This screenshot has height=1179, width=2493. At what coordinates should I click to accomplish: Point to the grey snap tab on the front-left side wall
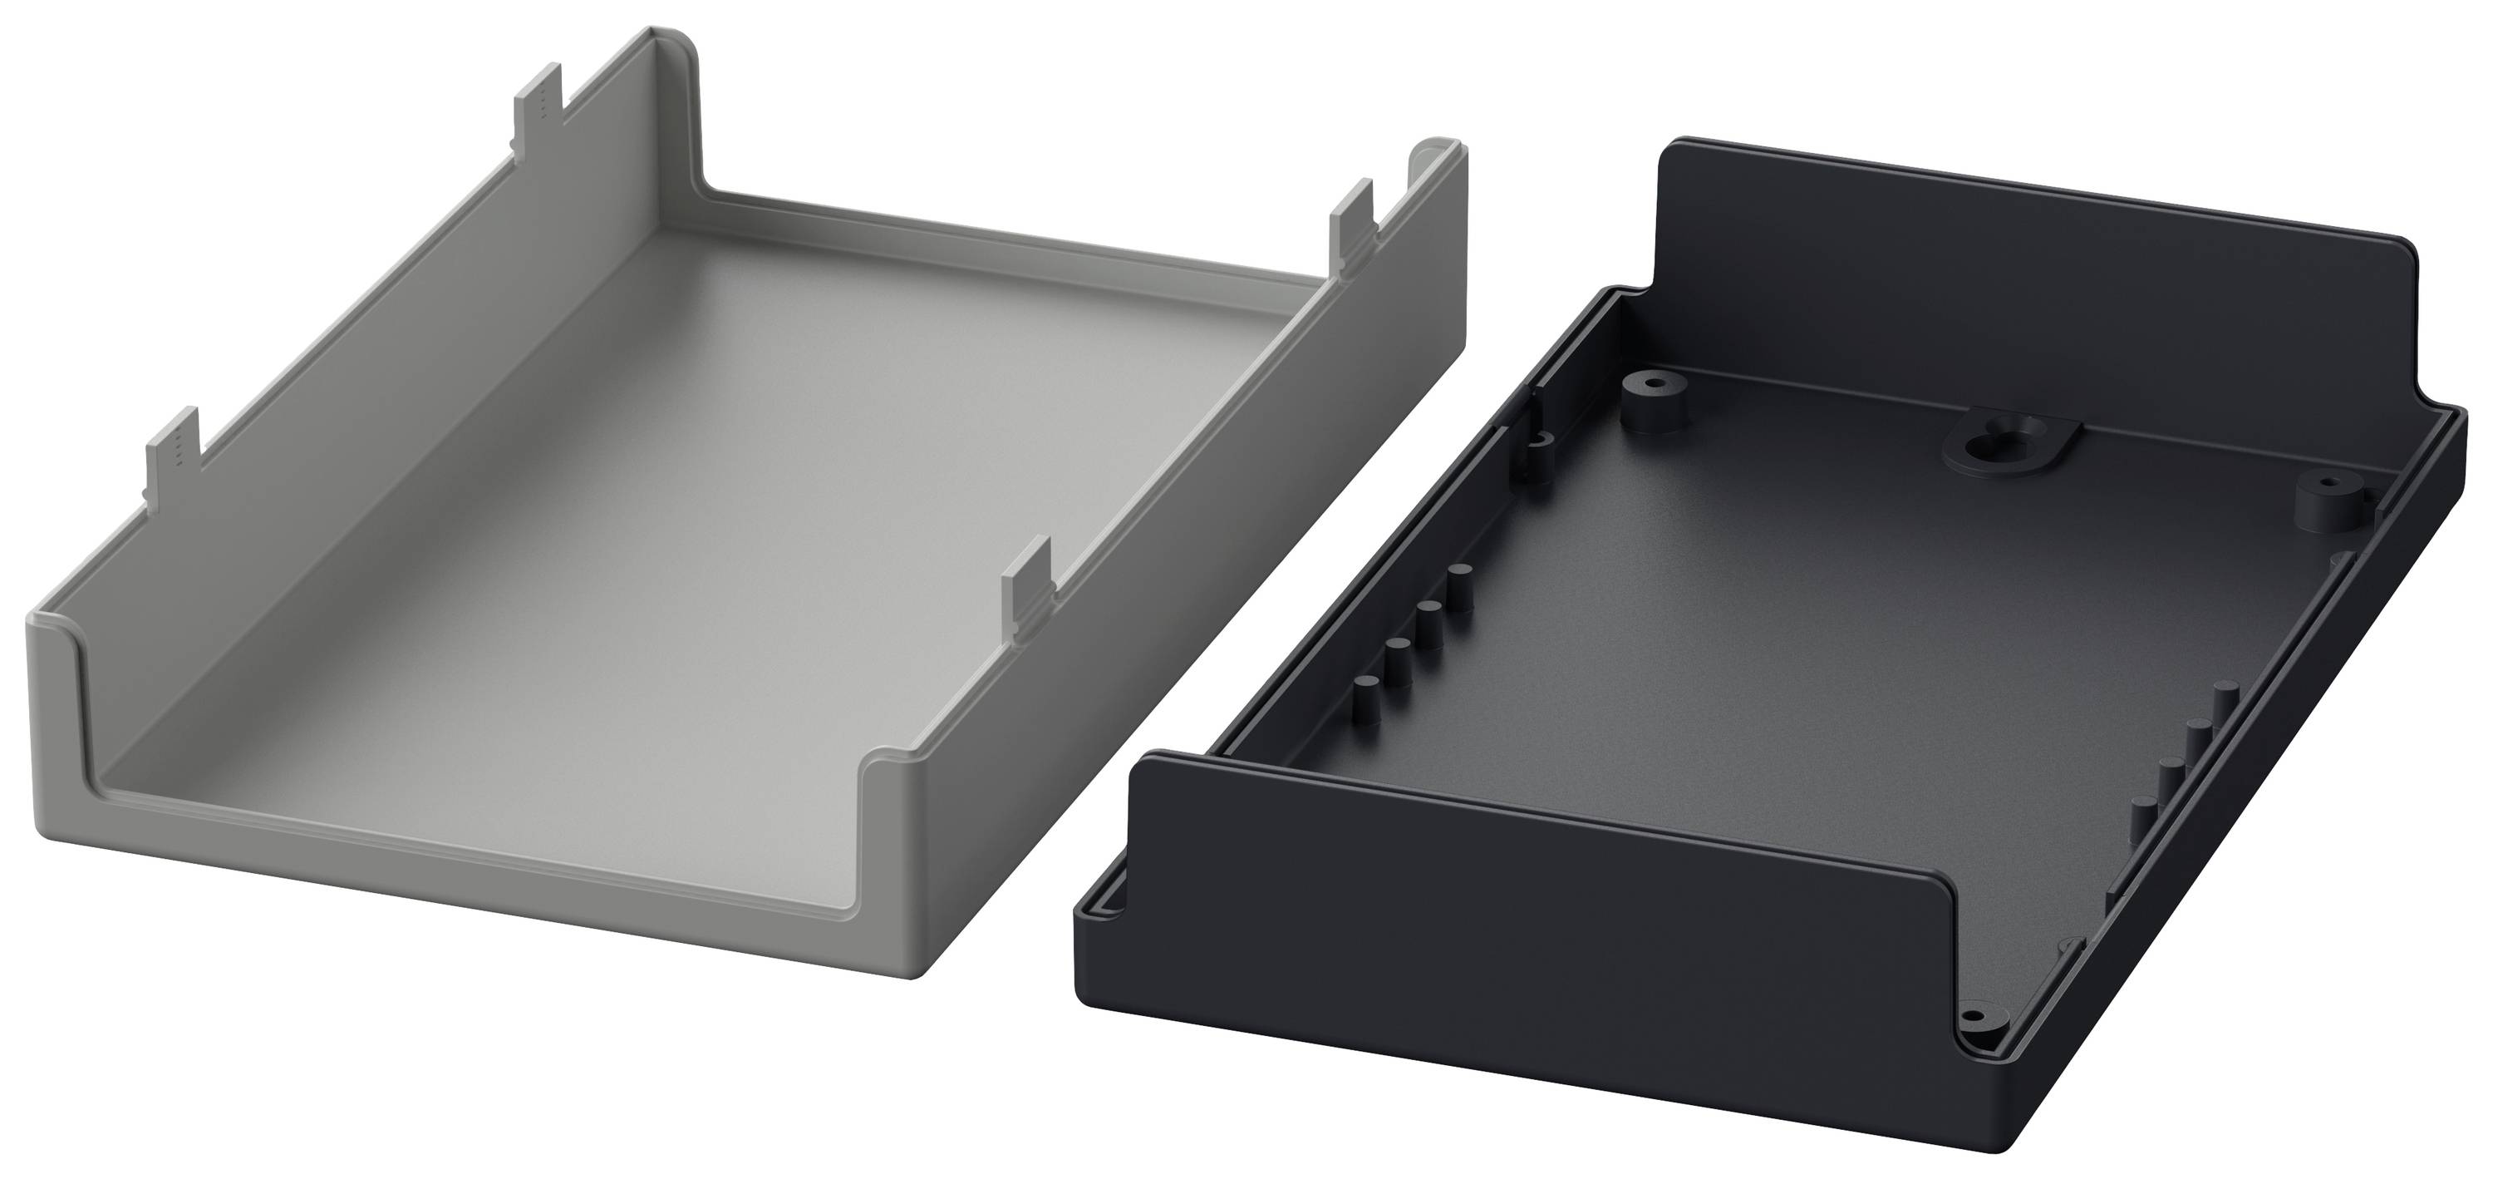pyautogui.click(x=175, y=459)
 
